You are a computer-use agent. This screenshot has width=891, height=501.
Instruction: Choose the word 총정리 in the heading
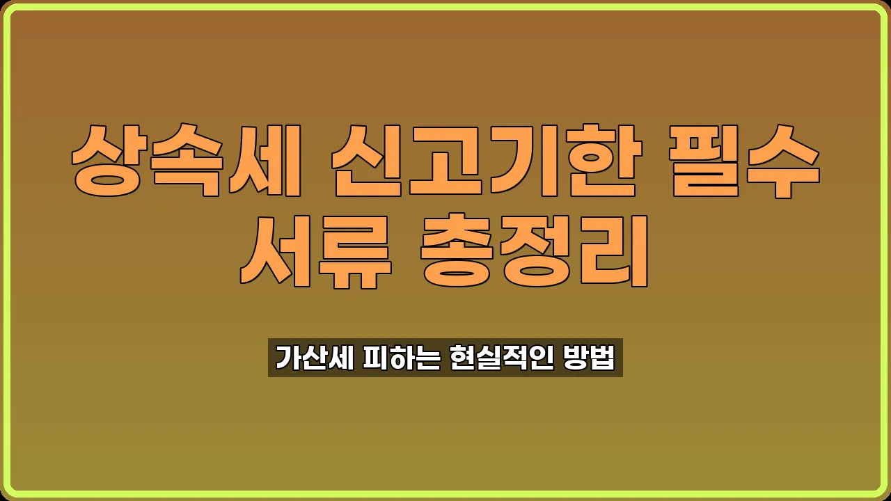pyautogui.click(x=536, y=252)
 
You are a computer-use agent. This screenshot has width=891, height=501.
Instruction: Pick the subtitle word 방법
pyautogui.click(x=591, y=358)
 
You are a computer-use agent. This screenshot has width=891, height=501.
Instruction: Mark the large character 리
pyautogui.click(x=613, y=252)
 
